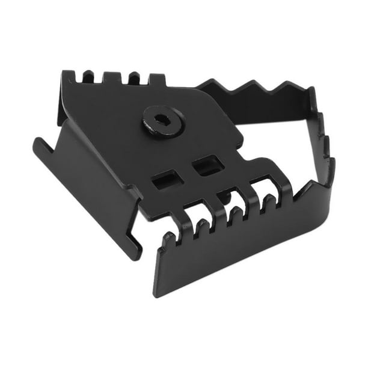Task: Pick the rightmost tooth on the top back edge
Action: pyautogui.click(x=158, y=81)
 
